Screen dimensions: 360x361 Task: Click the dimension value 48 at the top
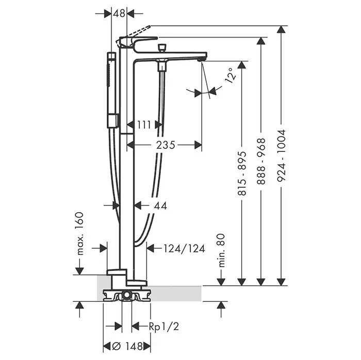[119, 14]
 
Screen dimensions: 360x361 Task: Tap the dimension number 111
[145, 124]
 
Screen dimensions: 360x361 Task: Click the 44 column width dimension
[159, 205]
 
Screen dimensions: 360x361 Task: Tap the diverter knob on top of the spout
[163, 48]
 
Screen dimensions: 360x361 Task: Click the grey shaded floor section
[175, 293]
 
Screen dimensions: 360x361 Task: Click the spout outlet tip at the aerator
[201, 60]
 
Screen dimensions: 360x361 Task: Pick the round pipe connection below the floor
[127, 296]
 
